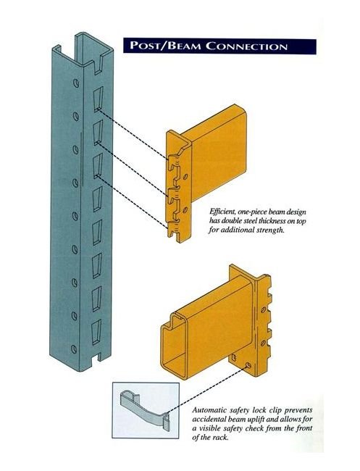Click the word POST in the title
(149, 47)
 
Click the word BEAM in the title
(190, 47)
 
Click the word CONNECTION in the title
(251, 47)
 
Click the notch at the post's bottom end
(95, 358)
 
